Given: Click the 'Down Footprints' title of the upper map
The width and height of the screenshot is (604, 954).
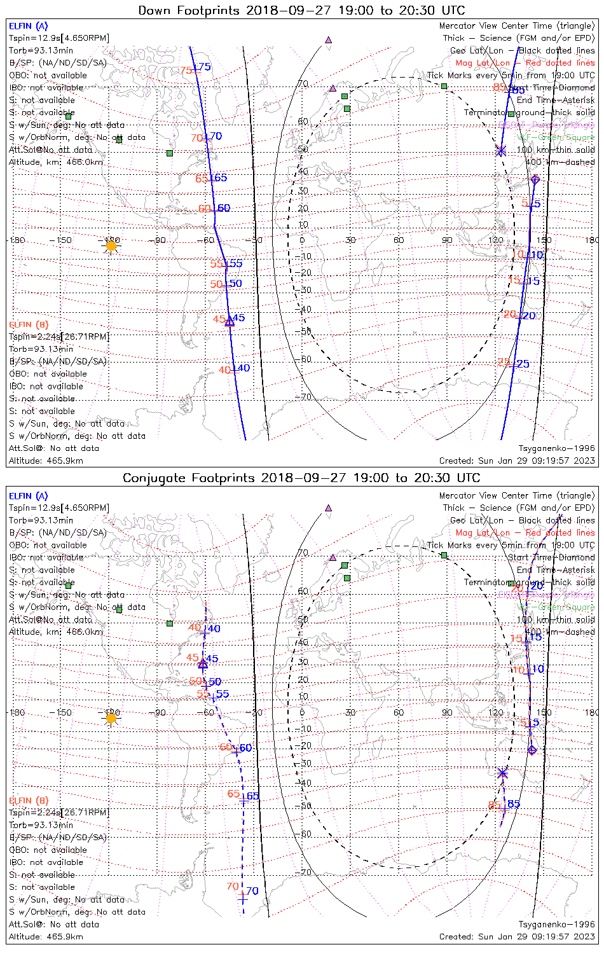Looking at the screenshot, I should [x=301, y=10].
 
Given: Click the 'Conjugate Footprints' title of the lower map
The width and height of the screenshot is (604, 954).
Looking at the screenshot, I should [x=301, y=478].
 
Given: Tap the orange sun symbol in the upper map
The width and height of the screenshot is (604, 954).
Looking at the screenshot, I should [x=111, y=245].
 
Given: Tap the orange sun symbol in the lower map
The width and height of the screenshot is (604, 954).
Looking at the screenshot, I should [x=111, y=718].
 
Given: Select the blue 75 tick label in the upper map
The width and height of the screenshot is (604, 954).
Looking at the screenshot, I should [x=204, y=67].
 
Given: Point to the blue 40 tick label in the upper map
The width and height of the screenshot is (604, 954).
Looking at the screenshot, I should [x=244, y=368].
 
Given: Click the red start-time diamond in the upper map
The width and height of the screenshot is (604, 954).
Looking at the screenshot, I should [x=535, y=180].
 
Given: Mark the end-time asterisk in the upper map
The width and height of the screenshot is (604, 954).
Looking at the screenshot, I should [x=500, y=151].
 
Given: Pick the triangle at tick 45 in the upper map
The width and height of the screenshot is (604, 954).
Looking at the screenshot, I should [x=230, y=322].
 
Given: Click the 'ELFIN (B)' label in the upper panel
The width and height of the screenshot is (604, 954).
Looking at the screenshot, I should [x=28, y=324].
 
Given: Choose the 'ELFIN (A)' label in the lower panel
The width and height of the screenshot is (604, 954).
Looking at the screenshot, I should [x=28, y=495].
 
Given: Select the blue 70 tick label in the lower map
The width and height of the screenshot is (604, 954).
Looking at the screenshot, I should [x=252, y=891].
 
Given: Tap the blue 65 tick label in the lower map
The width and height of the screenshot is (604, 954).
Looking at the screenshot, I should [x=253, y=796].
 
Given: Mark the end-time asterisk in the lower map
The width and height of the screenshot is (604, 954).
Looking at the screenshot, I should [x=503, y=773].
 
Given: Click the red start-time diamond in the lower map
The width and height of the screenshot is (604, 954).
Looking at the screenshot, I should [x=532, y=750].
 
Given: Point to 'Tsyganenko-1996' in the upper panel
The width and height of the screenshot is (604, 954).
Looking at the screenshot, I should [x=556, y=448].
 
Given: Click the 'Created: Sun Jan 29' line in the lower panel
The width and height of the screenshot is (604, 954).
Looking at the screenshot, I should [x=517, y=937].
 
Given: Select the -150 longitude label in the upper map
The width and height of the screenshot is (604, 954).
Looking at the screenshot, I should [x=64, y=240].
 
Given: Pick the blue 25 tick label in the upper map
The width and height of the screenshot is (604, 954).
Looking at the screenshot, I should [x=523, y=364].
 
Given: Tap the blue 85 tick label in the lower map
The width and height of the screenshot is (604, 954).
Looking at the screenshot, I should [x=514, y=804].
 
